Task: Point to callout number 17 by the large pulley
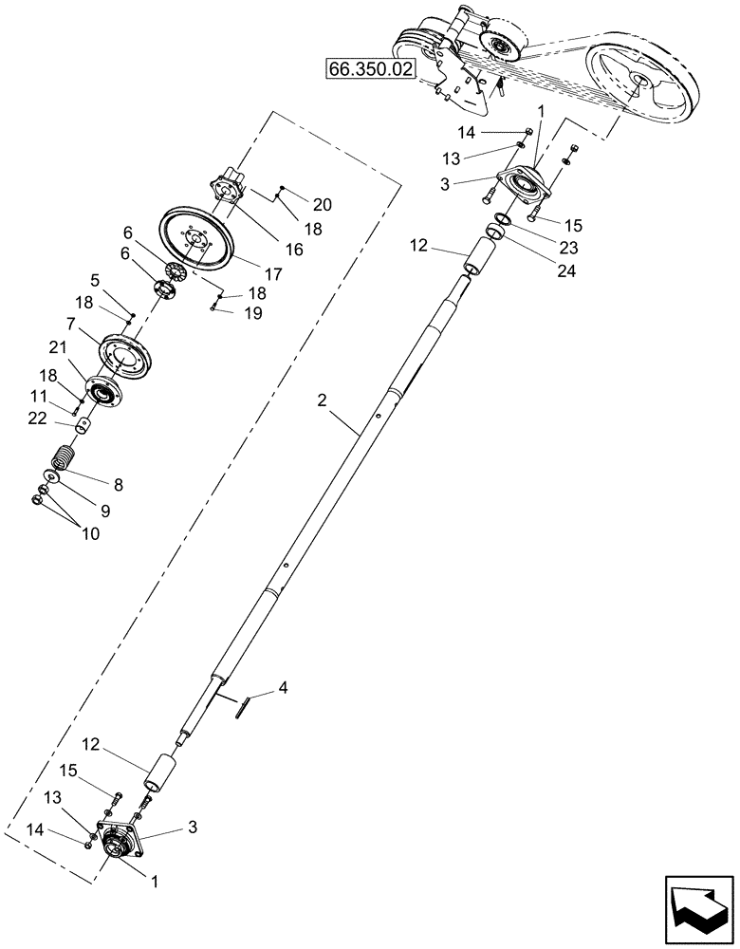click(x=274, y=274)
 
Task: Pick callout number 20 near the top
click(x=323, y=204)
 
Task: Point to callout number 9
click(x=104, y=510)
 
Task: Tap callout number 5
click(x=95, y=280)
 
